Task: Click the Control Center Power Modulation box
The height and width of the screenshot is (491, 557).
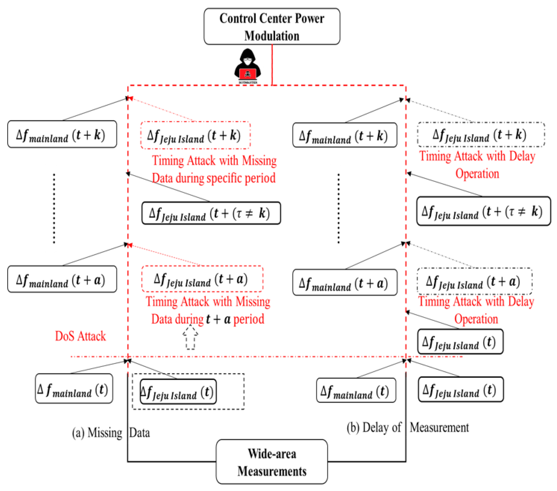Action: click(272, 26)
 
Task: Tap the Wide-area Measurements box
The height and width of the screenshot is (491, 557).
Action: click(272, 462)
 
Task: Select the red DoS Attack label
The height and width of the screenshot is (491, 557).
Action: click(80, 336)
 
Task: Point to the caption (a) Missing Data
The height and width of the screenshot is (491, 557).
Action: click(111, 433)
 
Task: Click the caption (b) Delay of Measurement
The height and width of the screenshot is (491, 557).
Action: click(407, 427)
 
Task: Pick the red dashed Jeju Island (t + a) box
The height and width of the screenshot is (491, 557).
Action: click(202, 279)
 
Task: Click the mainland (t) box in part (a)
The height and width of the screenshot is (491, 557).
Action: click(74, 389)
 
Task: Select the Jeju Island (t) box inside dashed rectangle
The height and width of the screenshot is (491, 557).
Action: click(178, 391)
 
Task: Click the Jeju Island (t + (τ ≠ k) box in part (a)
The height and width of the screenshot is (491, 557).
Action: click(211, 213)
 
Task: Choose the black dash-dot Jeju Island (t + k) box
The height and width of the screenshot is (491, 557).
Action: click(481, 135)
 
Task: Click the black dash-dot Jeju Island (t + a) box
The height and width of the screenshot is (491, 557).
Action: click(474, 281)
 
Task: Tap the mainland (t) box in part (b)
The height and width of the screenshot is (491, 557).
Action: click(356, 390)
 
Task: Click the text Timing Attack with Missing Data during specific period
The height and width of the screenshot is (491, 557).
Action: click(214, 169)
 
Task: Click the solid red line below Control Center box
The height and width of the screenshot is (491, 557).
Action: click(272, 65)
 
